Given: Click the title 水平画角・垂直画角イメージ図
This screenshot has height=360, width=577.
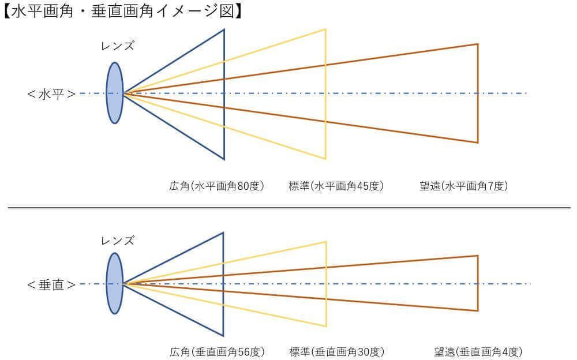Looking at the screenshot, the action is [x=123, y=11].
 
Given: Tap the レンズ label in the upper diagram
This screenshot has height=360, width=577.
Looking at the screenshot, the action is [x=118, y=46].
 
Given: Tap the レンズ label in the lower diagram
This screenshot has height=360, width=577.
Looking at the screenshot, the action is [x=118, y=241].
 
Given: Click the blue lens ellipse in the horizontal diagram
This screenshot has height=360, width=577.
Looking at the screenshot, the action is [x=115, y=93].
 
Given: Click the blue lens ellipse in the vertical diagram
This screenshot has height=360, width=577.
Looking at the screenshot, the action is [x=115, y=283].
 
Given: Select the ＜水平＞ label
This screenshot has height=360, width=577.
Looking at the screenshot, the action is [x=51, y=94].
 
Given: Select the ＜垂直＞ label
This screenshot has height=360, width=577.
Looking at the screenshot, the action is [x=51, y=284].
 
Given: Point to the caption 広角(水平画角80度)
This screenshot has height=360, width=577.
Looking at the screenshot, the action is [x=217, y=186].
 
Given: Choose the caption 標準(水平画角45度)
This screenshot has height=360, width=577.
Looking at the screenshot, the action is [x=336, y=186].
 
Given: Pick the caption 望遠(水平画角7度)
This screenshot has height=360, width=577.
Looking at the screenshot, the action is [x=464, y=186].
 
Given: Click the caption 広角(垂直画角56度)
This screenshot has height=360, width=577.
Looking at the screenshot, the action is [x=217, y=352].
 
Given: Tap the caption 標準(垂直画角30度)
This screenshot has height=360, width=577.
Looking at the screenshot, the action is [x=337, y=352].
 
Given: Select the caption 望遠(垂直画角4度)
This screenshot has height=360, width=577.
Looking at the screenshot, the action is [x=478, y=352].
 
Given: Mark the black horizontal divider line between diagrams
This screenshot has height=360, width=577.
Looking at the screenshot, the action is [x=289, y=208].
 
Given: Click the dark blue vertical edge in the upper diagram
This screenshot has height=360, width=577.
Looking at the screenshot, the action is [x=224, y=94].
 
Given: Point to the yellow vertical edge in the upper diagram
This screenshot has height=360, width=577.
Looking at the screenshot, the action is [x=325, y=94].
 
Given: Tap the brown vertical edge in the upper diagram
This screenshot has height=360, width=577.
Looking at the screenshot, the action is [x=478, y=93].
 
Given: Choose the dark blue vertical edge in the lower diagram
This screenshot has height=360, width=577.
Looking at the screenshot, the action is [x=223, y=284].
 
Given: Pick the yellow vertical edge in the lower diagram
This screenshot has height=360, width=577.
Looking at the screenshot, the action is [x=326, y=284].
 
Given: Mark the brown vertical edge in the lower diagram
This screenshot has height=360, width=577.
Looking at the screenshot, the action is [x=478, y=283].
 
